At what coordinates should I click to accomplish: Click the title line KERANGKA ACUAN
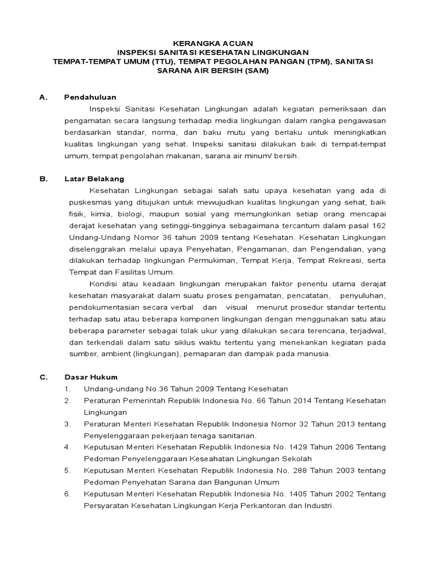point(213,43)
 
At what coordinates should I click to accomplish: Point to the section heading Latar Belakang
point(94,179)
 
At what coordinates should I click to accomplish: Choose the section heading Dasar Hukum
point(90,377)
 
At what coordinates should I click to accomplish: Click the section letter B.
point(42,179)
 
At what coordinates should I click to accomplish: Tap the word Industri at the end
point(319,505)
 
